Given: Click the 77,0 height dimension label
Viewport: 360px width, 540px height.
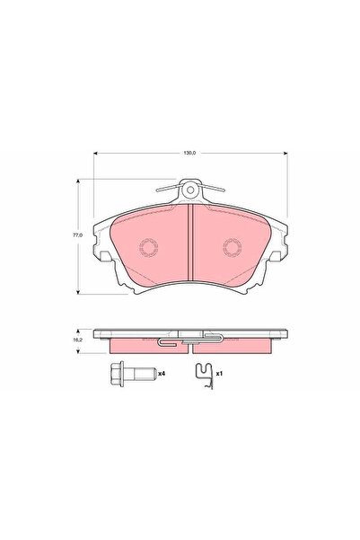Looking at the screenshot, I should pyautogui.click(x=78, y=235).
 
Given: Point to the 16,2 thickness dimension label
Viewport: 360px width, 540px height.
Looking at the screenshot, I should pyautogui.click(x=78, y=341).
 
